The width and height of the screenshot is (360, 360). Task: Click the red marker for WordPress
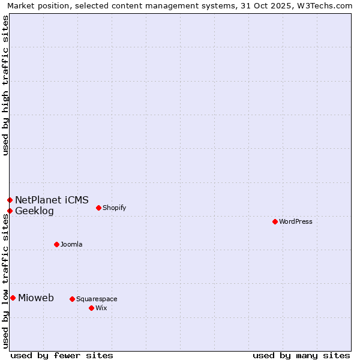275,221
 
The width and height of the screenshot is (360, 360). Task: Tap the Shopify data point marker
98,208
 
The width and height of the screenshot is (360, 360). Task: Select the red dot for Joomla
56,244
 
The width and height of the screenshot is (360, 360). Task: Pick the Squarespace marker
72,299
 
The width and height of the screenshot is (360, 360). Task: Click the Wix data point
91,308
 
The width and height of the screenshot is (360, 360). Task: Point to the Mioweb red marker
13,298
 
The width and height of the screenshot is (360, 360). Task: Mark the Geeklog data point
10,211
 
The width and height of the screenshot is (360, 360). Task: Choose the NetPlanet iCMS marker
10,200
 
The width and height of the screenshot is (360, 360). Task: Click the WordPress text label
296,221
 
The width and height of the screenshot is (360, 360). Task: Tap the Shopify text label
114,208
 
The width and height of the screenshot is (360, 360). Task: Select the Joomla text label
71,244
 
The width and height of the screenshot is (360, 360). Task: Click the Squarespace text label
97,299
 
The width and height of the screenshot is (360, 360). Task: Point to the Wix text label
101,308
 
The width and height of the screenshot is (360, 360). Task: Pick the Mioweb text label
36,298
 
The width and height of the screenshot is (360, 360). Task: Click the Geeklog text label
34,211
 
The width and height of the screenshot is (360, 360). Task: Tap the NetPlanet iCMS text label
52,200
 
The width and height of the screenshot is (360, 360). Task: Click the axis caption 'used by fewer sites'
62,356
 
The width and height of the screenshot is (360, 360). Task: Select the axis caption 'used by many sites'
301,356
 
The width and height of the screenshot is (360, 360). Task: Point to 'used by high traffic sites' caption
5,85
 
